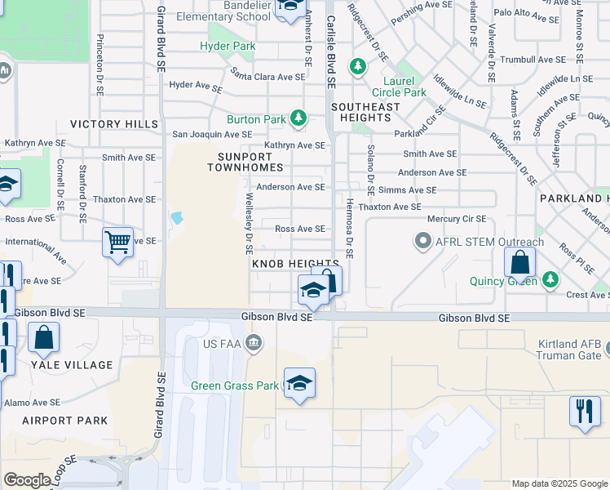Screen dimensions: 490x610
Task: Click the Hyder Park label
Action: (228, 47)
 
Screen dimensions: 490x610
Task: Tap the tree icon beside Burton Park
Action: (299, 119)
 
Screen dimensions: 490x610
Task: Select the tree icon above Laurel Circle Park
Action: (357, 66)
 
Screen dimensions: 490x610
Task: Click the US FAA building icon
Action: (254, 341)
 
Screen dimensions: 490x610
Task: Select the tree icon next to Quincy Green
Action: (550, 281)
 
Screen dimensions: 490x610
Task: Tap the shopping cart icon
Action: (118, 242)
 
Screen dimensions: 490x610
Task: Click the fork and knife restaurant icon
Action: (584, 411)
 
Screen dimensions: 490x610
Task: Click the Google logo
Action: (28, 480)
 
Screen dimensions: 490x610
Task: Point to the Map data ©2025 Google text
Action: (559, 483)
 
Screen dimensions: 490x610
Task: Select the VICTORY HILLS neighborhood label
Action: (114, 124)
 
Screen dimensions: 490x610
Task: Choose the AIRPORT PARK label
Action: (64, 421)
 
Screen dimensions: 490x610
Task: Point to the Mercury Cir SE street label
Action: (457, 219)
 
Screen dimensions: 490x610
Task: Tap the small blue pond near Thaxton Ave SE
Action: (176, 218)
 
